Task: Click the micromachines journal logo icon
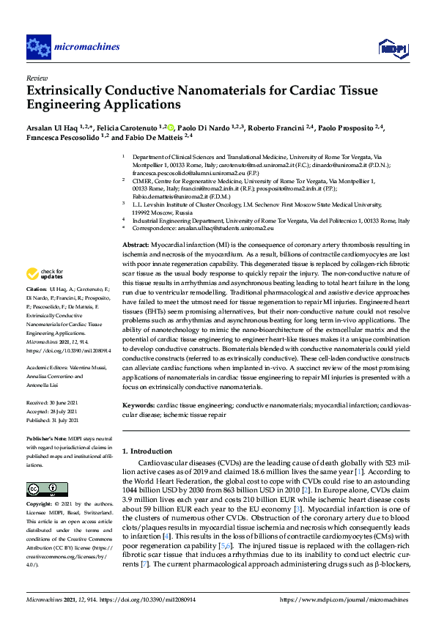pos(37,47)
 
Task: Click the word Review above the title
pos(36,77)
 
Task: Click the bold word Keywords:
pos(138,404)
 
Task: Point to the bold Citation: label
pos(38,310)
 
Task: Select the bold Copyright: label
pos(42,504)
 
